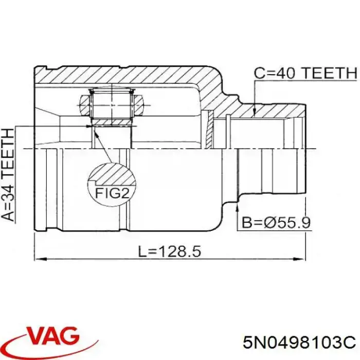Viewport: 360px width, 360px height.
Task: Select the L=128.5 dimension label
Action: tap(170, 251)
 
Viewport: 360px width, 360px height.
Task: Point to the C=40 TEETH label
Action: tap(305, 74)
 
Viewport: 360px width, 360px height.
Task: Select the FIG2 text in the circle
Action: tap(111, 194)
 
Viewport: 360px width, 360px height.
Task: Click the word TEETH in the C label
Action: tap(329, 74)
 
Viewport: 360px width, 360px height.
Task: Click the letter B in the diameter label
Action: tap(247, 222)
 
